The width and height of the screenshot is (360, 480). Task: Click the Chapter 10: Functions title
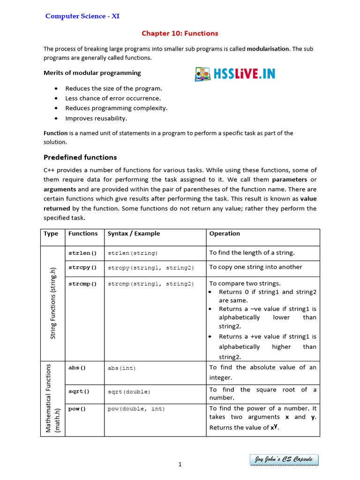[x=180, y=33]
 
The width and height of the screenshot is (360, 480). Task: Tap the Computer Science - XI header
[x=82, y=16]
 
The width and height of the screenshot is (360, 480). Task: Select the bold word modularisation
[x=268, y=49]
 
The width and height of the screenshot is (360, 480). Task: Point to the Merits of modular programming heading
[x=92, y=73]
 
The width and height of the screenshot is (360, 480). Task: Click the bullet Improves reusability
[x=96, y=118]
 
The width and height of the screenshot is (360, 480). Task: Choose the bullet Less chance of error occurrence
[x=113, y=98]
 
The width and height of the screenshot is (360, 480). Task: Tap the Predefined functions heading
[x=80, y=157]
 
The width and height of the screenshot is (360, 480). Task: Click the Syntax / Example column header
[x=134, y=233]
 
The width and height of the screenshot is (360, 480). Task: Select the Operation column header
[x=225, y=233]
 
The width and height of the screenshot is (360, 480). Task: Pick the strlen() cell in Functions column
[x=82, y=253]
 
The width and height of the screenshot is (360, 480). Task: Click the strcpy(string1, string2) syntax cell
[x=150, y=268]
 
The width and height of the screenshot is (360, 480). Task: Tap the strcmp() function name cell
[x=82, y=284]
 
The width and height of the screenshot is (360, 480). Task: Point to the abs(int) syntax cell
[x=122, y=368]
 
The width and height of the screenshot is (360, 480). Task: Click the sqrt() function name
[x=79, y=391]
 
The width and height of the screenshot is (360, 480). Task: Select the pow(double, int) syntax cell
[x=136, y=409]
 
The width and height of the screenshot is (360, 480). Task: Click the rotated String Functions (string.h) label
[x=53, y=303]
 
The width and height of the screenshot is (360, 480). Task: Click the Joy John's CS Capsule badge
[x=284, y=460]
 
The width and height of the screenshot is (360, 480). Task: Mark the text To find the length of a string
[x=252, y=253]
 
